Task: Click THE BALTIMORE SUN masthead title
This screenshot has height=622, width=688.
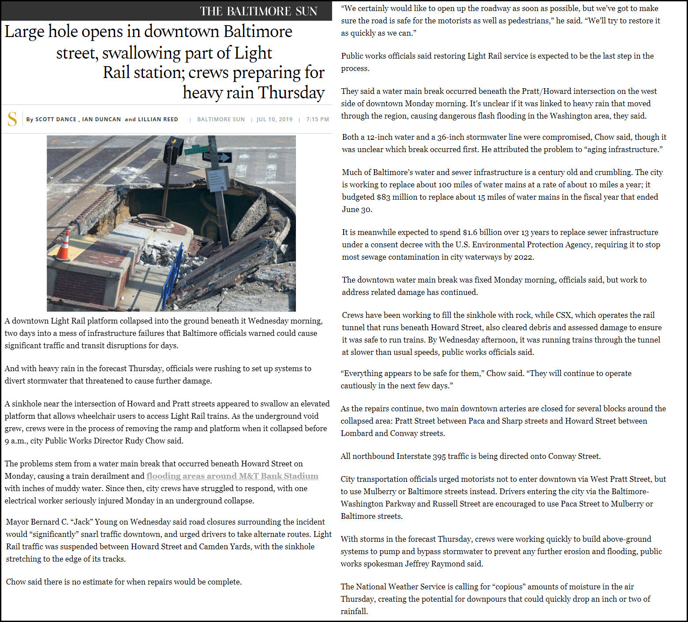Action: tap(258, 11)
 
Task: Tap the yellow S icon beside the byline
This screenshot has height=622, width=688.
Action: tap(12, 119)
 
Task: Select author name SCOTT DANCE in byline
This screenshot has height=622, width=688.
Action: tap(56, 119)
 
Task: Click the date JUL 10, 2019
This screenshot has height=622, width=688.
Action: tap(274, 119)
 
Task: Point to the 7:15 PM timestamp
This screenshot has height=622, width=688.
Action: tap(318, 119)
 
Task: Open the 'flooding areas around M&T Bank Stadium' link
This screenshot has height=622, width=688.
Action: tap(232, 476)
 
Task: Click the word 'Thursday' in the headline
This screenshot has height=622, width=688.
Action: tap(292, 93)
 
